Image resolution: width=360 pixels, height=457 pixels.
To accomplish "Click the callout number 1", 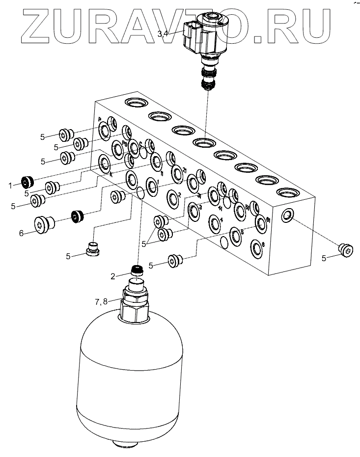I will [10, 185].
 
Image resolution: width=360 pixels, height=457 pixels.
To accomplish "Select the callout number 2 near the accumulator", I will [113, 276].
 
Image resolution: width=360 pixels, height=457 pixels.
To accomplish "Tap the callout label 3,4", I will [163, 33].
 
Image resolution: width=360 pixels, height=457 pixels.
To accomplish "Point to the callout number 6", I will [21, 234].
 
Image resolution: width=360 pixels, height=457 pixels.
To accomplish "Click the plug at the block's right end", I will [346, 249].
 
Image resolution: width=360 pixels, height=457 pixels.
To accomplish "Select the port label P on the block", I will [99, 120].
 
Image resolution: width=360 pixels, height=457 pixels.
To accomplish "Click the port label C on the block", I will [140, 143].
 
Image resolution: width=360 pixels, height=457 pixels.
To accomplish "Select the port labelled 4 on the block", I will [216, 222].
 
